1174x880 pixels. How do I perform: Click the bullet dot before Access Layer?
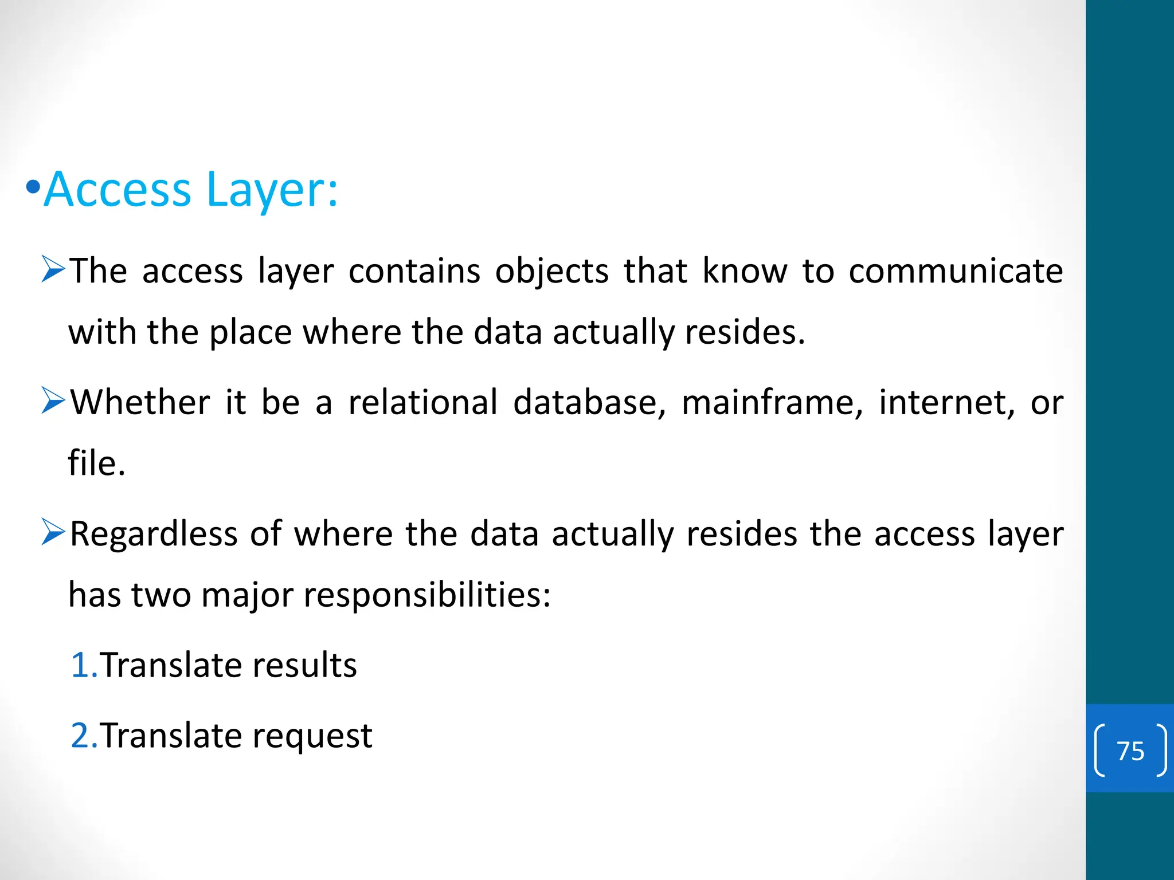click(x=33, y=187)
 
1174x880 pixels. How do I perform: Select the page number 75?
click(x=1130, y=751)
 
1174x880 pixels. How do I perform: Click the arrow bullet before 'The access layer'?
click(x=54, y=270)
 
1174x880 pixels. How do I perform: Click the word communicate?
click(x=956, y=271)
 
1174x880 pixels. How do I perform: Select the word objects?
click(x=551, y=272)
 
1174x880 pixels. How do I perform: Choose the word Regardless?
click(x=154, y=535)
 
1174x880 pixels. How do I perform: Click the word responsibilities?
click(x=426, y=595)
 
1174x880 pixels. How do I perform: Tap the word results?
click(x=304, y=666)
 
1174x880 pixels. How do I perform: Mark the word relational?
click(x=423, y=403)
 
